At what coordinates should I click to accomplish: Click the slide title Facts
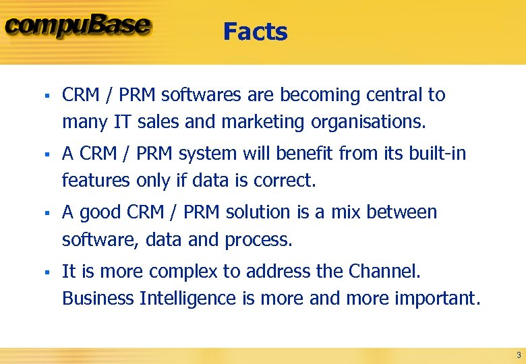coord(255,32)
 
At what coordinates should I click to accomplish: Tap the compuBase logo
coord(78,26)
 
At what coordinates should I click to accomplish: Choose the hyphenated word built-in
coord(437,154)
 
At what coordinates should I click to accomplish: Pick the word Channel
coord(384,271)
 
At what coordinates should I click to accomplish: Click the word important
coord(436,298)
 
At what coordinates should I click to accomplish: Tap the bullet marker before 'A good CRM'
coord(42,213)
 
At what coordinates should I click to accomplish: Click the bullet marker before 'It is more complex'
coord(42,272)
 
